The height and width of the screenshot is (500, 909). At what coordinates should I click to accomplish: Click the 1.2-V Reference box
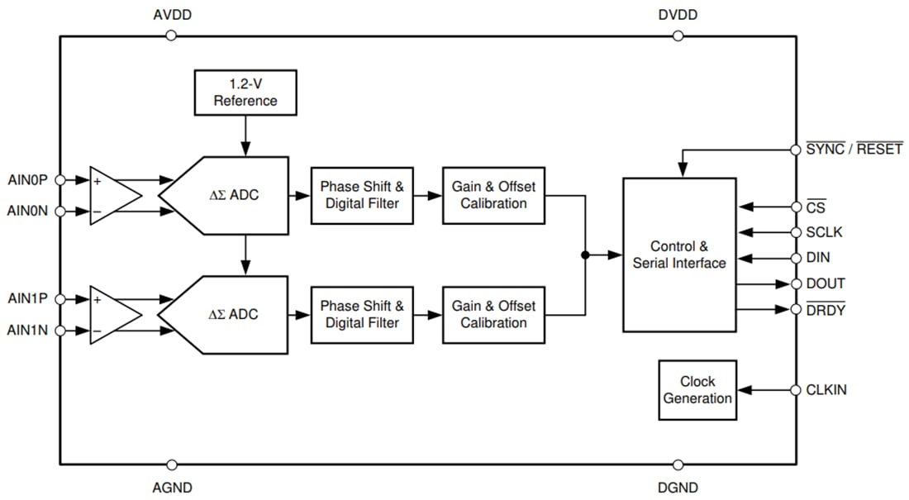click(245, 93)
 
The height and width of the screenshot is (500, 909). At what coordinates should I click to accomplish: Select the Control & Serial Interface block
click(679, 255)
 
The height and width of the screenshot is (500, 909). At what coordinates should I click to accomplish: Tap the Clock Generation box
click(697, 390)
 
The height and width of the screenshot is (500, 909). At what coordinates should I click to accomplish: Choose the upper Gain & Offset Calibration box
click(493, 195)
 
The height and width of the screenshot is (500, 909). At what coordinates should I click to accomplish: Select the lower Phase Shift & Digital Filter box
click(362, 314)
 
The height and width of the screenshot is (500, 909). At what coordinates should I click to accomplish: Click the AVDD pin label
click(173, 16)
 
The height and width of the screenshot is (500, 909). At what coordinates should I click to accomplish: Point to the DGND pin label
click(678, 488)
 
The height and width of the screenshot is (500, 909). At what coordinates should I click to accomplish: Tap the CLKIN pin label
click(826, 390)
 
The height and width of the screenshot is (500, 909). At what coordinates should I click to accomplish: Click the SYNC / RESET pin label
click(854, 150)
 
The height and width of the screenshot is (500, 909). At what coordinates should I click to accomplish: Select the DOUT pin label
click(826, 283)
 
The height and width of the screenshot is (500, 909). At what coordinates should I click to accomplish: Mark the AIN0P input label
click(27, 179)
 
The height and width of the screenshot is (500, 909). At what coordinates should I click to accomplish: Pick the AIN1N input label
click(27, 331)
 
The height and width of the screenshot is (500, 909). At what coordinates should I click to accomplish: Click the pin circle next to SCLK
click(796, 232)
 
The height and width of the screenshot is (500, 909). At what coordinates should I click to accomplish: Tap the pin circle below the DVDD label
click(678, 36)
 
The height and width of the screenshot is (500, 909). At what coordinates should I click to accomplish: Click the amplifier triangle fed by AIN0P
click(112, 195)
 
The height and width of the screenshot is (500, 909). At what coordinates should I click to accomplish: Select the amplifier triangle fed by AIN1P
click(112, 314)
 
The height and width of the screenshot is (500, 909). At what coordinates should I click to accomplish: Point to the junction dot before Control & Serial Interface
click(585, 255)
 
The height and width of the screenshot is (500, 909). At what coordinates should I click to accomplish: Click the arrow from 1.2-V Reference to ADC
click(245, 136)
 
